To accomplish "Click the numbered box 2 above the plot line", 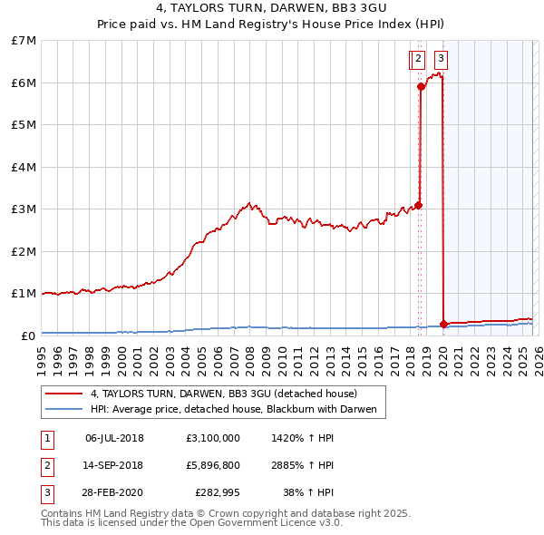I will click(x=417, y=60).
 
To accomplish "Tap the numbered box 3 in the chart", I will click(x=441, y=60).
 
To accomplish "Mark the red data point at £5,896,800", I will click(x=421, y=87).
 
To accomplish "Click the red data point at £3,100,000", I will click(x=418, y=205).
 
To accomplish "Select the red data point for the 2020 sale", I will click(x=443, y=324).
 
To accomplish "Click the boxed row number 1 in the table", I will click(x=47, y=439).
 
